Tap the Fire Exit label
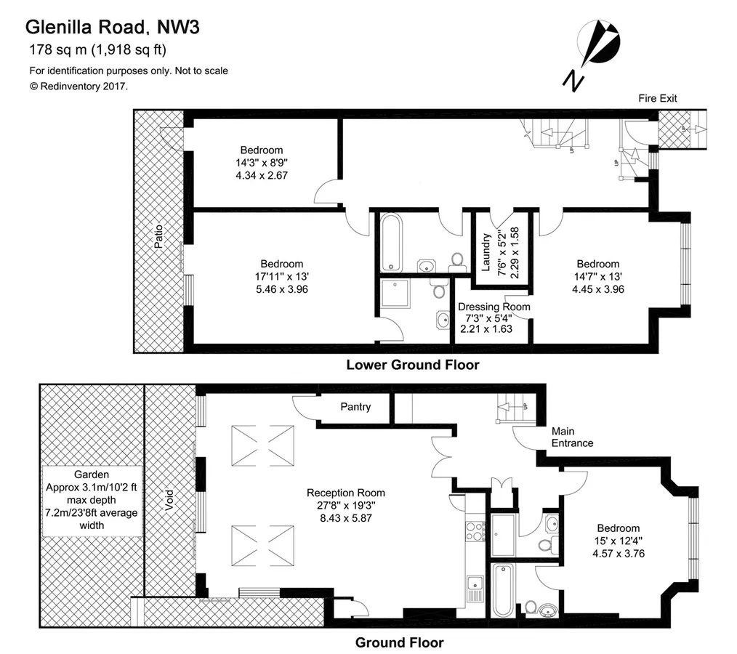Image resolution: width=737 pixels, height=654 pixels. pyautogui.click(x=658, y=98)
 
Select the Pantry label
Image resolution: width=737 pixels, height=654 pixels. pyautogui.click(x=355, y=407)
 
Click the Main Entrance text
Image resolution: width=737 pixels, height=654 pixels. pyautogui.click(x=572, y=437)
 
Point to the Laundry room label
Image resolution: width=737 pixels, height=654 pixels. pyautogui.click(x=486, y=253)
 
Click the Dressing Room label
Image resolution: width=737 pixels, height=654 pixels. pyautogui.click(x=494, y=307)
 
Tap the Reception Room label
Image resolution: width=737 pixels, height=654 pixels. pyautogui.click(x=345, y=493)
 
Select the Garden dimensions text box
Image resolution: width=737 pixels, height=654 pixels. pyautogui.click(x=92, y=501)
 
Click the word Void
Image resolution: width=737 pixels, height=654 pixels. pyautogui.click(x=169, y=501)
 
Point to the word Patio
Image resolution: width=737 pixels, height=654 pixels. pyautogui.click(x=159, y=237)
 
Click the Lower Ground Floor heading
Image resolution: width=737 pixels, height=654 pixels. pyautogui.click(x=413, y=365)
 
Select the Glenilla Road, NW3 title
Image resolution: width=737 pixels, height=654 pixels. pyautogui.click(x=113, y=28)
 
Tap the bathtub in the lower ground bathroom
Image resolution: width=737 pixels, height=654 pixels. pyautogui.click(x=391, y=243)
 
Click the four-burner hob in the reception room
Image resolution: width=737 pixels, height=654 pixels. pyautogui.click(x=475, y=531)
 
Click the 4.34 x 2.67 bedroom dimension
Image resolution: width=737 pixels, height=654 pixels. pyautogui.click(x=262, y=175)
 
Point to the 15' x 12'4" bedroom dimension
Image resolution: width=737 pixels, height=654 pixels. pyautogui.click(x=618, y=541)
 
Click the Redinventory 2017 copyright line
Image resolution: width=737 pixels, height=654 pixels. pyautogui.click(x=78, y=86)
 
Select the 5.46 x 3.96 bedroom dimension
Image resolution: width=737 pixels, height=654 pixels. pyautogui.click(x=281, y=289)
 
